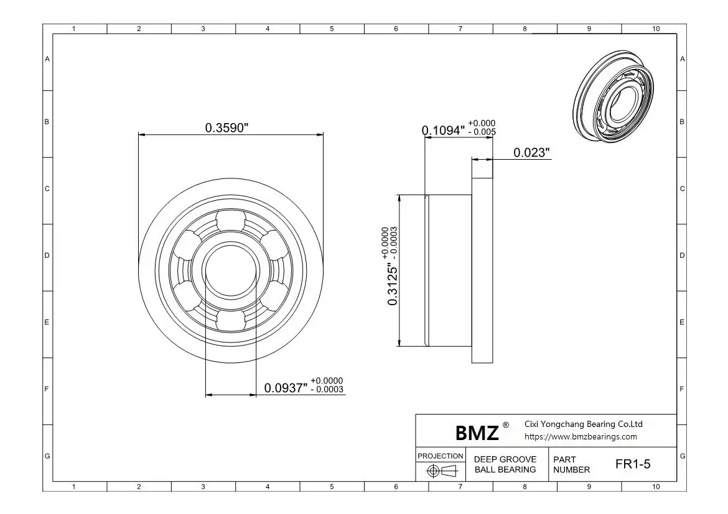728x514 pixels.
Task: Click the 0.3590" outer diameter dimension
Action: [x=226, y=127]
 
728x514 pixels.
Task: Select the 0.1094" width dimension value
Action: [x=444, y=131]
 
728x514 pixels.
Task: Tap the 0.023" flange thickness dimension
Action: [x=531, y=152]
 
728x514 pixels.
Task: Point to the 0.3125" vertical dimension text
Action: [x=393, y=285]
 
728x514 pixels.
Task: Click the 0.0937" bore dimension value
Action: [x=286, y=388]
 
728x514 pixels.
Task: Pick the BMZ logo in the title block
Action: [x=477, y=433]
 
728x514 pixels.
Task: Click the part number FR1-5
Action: [x=633, y=464]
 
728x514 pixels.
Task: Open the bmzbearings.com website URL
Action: [x=581, y=436]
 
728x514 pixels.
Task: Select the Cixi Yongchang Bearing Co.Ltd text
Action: [x=584, y=424]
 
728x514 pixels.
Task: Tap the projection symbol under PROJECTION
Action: [x=442, y=471]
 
